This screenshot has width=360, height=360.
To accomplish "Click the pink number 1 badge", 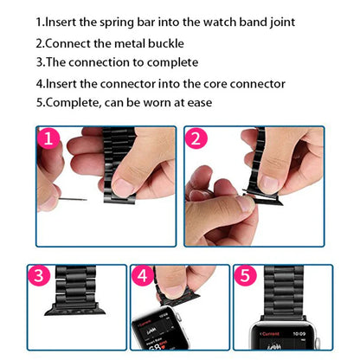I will coord(49,139).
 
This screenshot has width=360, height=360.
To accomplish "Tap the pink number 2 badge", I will coord(197,139).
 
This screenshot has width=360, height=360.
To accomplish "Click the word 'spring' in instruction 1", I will coord(122,22).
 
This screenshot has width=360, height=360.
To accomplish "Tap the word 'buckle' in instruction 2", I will coord(162,42).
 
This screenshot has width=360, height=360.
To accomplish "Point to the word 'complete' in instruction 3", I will coord(170,62).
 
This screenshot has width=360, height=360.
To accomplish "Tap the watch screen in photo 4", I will coord(155,335).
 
